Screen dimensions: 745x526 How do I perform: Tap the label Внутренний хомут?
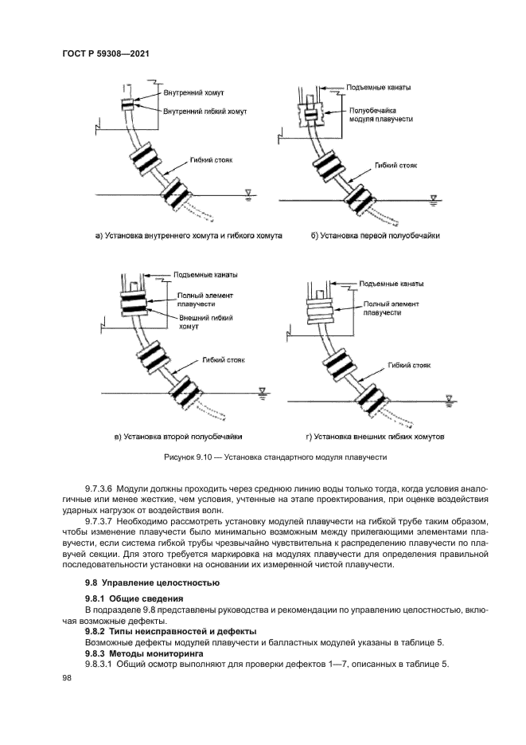(x=193, y=93)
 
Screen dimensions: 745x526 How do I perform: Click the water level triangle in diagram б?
(x=432, y=197)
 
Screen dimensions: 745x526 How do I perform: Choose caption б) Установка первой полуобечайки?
(x=376, y=236)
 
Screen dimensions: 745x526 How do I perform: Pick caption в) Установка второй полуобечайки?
(x=178, y=437)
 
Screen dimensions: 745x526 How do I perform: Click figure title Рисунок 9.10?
(x=263, y=458)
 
